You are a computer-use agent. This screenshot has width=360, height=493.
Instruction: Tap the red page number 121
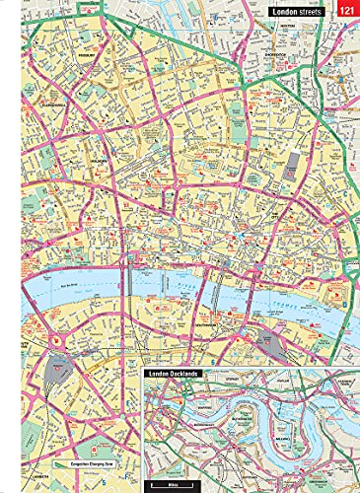(x=347, y=10)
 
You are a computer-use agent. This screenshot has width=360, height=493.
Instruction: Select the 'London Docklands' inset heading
(x=178, y=375)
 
